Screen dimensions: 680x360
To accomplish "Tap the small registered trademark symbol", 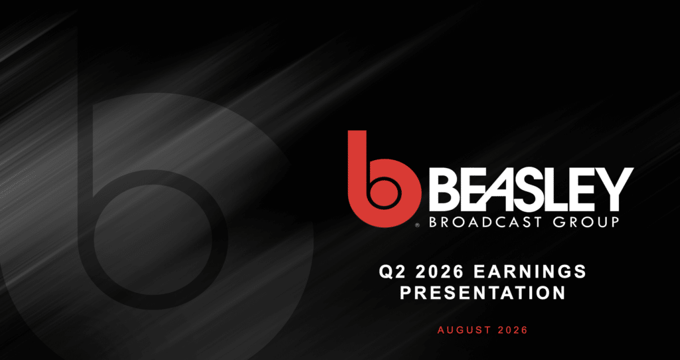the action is (x=417, y=226).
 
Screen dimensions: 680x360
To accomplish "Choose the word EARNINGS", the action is (x=531, y=272).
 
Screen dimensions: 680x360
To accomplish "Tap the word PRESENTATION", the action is (x=483, y=292).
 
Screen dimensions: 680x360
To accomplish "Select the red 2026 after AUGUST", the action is (x=513, y=330).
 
